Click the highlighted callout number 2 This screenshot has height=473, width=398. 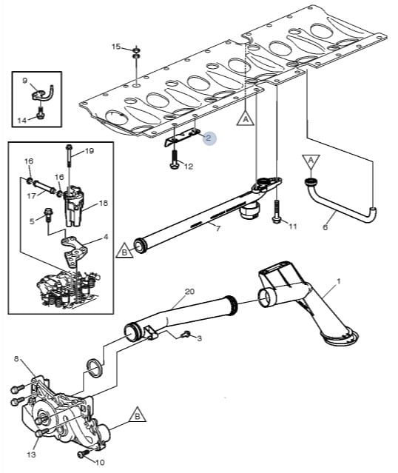(x=209, y=138)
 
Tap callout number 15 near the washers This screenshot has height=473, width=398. (x=116, y=47)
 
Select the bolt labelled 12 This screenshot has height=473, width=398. (x=174, y=159)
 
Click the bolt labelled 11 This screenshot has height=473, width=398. (x=277, y=212)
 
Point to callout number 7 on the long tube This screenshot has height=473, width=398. (x=217, y=228)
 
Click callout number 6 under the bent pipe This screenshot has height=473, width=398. (x=325, y=227)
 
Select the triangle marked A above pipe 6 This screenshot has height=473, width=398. (x=311, y=163)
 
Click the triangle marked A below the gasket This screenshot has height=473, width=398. (x=246, y=118)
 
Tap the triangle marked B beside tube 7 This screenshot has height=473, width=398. (x=124, y=251)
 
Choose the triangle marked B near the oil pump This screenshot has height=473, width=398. (x=137, y=416)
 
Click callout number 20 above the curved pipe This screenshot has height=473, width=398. (x=189, y=292)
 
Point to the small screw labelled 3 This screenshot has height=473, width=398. (x=186, y=335)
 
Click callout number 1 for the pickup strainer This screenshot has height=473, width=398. (x=339, y=281)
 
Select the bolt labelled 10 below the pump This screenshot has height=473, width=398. (x=84, y=454)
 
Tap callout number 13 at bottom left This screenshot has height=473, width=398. (x=31, y=454)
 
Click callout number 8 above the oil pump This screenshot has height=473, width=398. (x=16, y=359)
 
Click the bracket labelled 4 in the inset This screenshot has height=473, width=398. (x=73, y=251)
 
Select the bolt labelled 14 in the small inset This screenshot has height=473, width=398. (x=39, y=113)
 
